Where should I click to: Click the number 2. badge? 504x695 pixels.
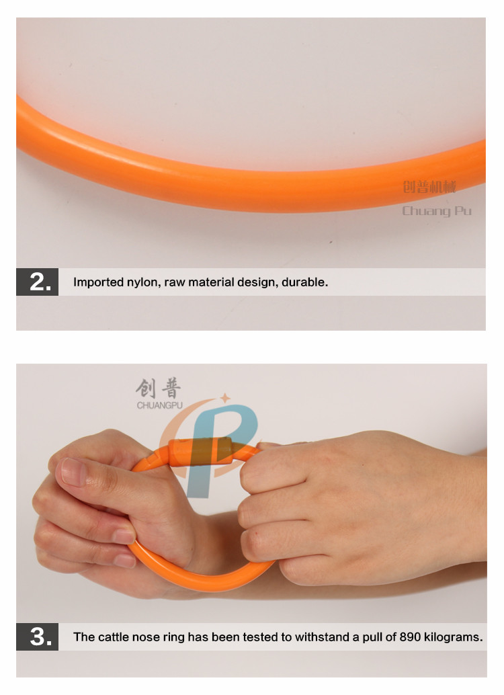[x=37, y=282]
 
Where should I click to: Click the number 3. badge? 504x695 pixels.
[x=37, y=637]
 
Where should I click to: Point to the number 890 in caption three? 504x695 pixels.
[x=409, y=637]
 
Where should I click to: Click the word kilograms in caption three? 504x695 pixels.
[x=453, y=637]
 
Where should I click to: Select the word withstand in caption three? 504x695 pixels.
[x=322, y=637]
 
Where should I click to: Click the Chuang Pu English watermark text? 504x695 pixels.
[x=437, y=212]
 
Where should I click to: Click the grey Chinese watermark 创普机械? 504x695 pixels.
[x=429, y=187]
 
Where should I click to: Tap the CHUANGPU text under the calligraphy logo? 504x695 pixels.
[x=159, y=405]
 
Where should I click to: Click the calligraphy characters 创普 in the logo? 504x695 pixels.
[x=158, y=389]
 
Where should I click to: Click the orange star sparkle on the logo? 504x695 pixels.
[x=226, y=398]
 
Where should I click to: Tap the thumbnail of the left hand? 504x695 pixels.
[x=73, y=472]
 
